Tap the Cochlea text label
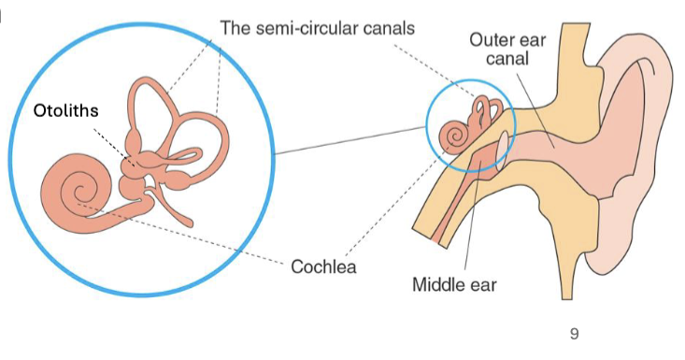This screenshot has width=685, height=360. click(323, 266)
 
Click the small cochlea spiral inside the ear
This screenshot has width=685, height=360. click(452, 135)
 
